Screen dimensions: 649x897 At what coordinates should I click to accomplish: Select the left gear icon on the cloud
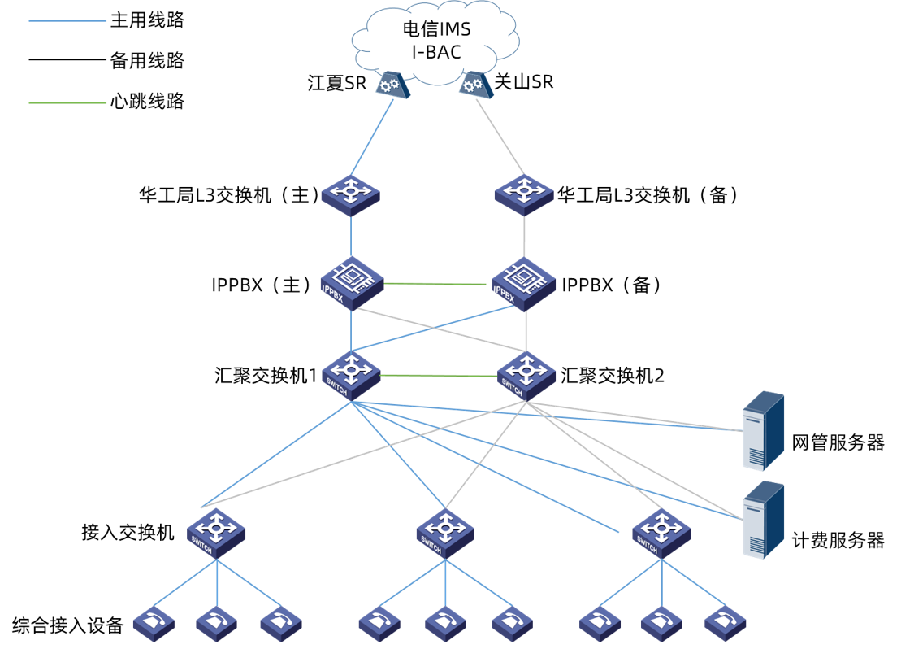tap(392, 85)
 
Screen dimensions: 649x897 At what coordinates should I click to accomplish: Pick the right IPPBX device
tap(524, 283)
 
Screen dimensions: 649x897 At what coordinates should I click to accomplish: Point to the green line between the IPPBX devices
tap(435, 284)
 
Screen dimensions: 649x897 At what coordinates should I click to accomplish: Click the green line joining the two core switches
tap(439, 376)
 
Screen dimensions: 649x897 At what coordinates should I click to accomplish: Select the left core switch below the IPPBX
tap(351, 374)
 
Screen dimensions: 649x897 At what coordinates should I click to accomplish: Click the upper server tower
tap(764, 430)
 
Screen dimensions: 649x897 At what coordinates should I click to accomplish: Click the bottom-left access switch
tap(216, 532)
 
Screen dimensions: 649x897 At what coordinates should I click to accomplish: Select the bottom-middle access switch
tap(445, 533)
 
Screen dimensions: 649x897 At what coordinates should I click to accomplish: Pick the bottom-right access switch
tap(661, 533)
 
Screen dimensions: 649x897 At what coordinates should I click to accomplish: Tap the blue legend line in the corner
tap(67, 21)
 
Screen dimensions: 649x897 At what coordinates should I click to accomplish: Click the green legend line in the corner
tap(67, 103)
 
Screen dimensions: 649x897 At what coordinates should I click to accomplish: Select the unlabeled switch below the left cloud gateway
tap(350, 194)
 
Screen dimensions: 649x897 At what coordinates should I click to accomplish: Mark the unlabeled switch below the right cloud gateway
tap(524, 194)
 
